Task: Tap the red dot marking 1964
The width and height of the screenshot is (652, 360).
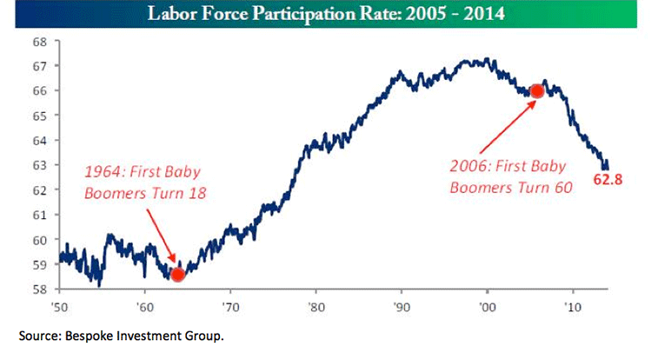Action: pos(177,275)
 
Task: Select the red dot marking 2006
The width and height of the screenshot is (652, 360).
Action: pos(537,91)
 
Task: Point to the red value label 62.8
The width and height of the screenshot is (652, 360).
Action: pos(608,179)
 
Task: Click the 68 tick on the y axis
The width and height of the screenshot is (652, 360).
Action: pos(40,42)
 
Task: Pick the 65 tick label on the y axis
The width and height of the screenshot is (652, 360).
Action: pos(40,116)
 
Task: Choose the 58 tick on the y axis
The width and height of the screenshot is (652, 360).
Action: pos(40,289)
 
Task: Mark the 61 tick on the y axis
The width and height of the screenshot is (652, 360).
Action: pos(40,215)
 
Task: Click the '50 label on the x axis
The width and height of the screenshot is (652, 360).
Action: pos(59,307)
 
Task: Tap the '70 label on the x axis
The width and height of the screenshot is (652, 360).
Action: pos(230,307)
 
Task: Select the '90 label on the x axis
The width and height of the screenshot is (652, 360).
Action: pos(402,307)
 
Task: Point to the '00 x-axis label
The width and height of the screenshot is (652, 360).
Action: pos(487,307)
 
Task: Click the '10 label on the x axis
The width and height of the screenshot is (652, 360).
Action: pos(573,307)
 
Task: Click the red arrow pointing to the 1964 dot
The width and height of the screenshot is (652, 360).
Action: pos(161,237)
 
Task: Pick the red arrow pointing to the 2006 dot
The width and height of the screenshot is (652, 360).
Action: pos(508,127)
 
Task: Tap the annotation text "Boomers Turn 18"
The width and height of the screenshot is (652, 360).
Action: pos(145,193)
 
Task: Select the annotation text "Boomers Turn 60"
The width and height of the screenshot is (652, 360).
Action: pos(511,188)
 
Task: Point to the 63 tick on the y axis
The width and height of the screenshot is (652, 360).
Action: pos(40,165)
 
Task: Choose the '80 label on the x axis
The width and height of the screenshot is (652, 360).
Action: pos(316,307)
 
